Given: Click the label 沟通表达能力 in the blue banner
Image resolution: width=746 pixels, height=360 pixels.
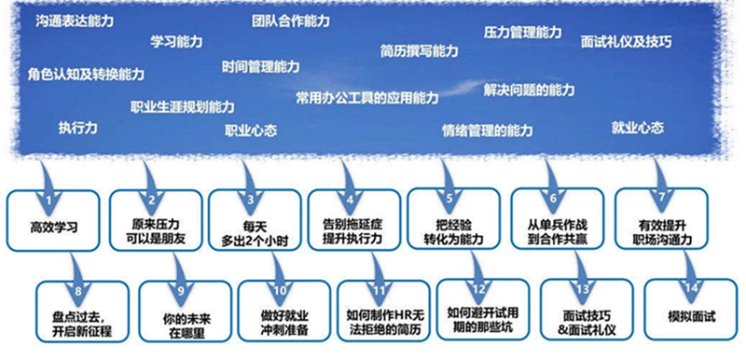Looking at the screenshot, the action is point(75,21).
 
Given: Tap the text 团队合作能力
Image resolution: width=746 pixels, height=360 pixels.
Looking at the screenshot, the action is point(291,21).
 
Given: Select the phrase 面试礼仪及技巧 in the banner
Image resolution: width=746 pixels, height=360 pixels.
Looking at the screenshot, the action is point(626,42).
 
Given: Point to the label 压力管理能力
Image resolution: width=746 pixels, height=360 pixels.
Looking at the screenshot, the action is point(522,33).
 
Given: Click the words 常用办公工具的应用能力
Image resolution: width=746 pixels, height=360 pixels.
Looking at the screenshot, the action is point(366,98).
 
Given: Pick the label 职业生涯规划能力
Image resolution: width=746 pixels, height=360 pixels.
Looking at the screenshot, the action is point(183,106).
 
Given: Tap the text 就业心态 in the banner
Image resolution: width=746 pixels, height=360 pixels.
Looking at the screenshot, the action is point(638,128).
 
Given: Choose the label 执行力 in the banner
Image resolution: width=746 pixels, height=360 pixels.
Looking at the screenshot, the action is point(78,128).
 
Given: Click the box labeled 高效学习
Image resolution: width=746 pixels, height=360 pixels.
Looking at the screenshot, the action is point(53,221).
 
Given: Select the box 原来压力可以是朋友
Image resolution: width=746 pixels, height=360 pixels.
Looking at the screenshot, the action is point(156,220).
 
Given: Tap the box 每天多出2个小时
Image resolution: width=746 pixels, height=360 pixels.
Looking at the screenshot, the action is point(255,220).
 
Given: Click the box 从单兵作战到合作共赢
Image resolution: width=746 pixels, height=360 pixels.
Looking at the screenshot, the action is point(558,219).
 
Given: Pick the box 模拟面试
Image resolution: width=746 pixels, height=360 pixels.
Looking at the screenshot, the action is point(691,310).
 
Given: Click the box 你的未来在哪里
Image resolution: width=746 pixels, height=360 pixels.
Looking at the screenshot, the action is point(186,312).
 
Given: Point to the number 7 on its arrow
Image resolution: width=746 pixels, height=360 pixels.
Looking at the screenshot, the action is point(661,199).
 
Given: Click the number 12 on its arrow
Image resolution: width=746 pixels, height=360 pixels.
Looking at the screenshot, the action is point(479,289).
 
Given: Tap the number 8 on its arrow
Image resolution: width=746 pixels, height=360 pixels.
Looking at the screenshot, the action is point(78,290).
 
